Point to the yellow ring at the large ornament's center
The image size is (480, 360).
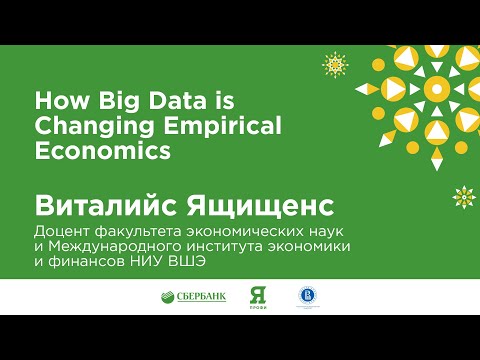click(434, 90)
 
